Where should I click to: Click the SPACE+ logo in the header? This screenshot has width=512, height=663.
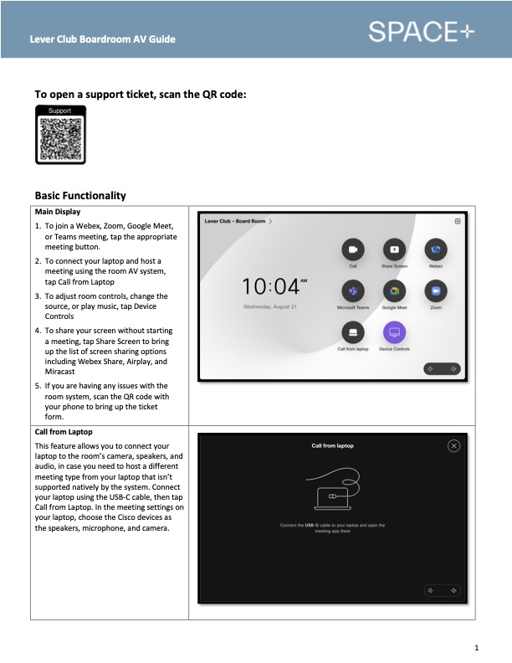click(x=421, y=31)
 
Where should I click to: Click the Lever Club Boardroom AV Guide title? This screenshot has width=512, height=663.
click(x=103, y=39)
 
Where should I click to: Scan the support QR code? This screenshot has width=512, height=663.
click(x=60, y=138)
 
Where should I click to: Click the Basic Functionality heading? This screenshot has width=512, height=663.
click(x=80, y=196)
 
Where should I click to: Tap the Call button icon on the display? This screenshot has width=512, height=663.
click(x=353, y=250)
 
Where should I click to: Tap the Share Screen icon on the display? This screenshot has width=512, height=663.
click(x=394, y=250)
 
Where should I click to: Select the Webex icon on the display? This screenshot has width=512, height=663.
click(x=435, y=250)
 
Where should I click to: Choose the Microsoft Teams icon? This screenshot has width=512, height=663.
click(x=353, y=291)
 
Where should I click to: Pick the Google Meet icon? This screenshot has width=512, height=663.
click(x=394, y=291)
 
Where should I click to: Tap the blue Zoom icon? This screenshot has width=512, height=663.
click(x=435, y=291)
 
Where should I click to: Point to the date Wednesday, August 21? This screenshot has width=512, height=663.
click(x=269, y=307)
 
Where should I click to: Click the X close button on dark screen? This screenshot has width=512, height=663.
click(x=454, y=446)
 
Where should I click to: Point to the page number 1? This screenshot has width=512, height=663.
click(x=475, y=647)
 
